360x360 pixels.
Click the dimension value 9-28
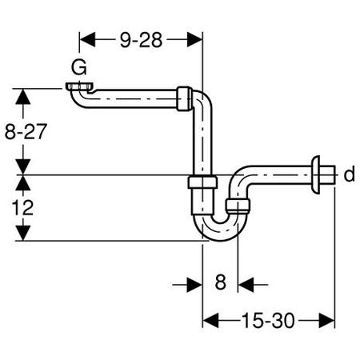coord(141,40)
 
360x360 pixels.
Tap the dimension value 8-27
coord(26,131)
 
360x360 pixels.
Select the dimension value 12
coord(22,208)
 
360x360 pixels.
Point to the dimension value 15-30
coord(268,320)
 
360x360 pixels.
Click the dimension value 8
coord(221,282)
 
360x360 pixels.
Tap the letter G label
coord(79,67)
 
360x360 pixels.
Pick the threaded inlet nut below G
coord(79,86)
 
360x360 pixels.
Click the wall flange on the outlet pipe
coord(315,174)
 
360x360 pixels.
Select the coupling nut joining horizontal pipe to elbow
coord(184,98)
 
